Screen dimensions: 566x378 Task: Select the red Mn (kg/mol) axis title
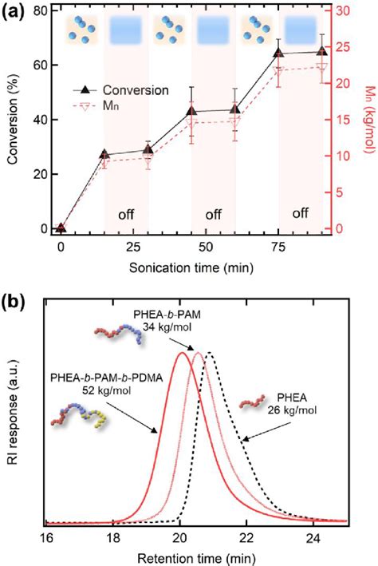point(368,120)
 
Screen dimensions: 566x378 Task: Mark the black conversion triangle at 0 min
point(61,228)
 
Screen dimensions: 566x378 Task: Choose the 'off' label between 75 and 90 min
point(300,213)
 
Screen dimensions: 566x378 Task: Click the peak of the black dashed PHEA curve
point(209,353)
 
